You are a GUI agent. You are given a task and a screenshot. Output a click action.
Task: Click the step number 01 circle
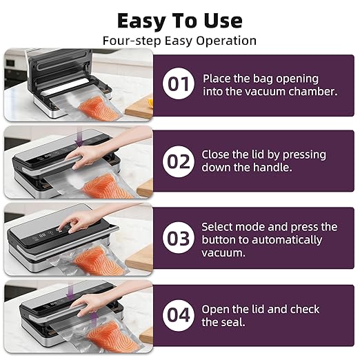179,83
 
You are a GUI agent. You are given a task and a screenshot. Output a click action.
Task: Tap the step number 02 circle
179,161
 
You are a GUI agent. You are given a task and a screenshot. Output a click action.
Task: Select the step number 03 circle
179,238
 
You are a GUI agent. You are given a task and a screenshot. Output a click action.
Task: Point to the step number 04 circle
179,315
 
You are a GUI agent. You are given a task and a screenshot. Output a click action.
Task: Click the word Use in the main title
223,21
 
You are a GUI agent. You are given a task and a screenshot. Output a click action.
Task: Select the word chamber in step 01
313,92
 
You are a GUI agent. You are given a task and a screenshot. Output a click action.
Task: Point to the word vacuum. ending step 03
223,253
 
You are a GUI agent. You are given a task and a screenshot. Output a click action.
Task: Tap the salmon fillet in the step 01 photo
99,107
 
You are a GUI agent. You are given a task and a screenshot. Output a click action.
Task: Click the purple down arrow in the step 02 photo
79,137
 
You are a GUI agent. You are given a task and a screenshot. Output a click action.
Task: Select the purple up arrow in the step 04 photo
94,319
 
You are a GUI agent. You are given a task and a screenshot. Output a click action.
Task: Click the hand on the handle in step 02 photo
88,157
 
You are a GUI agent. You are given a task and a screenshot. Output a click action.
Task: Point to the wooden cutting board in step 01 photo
139,109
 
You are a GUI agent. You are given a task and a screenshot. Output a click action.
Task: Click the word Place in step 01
217,79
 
